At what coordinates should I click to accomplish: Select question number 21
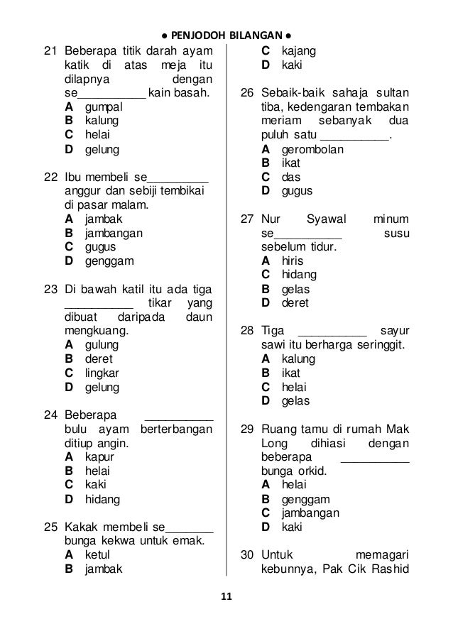pyautogui.click(x=50, y=51)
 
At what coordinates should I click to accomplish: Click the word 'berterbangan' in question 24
pyautogui.click(x=177, y=429)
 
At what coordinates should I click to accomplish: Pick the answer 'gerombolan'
pyautogui.click(x=312, y=149)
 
